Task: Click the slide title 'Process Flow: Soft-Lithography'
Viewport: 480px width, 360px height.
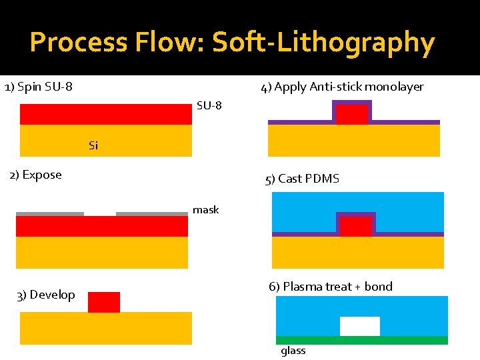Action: pos(232,43)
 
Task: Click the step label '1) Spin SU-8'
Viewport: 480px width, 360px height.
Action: pos(39,87)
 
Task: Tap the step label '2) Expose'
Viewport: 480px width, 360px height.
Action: pos(35,175)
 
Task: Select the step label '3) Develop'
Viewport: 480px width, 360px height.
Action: pos(45,295)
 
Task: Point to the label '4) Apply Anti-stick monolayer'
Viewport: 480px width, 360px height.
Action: pos(342,87)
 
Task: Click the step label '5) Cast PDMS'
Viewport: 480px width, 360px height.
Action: pos(302,179)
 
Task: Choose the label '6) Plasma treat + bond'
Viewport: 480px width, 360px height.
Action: pos(331,287)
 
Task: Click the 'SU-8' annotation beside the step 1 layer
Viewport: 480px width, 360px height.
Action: pos(209,105)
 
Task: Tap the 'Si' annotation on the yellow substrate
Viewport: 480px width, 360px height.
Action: pos(93,145)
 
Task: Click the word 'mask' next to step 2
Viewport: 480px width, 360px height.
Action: pos(205,210)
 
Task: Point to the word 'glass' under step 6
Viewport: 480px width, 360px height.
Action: pos(293,351)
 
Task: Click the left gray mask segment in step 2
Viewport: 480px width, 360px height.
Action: pos(50,214)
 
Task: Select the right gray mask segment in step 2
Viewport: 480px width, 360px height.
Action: pos(152,214)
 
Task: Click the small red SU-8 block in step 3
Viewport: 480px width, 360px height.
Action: pos(104,302)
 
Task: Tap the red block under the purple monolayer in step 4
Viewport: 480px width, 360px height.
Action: pos(351,115)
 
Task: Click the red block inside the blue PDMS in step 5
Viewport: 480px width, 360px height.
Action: pos(356,227)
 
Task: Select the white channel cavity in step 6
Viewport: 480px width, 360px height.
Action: pos(360,326)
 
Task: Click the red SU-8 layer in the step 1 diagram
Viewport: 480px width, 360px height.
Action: pos(106,114)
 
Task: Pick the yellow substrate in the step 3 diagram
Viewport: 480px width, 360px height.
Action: pos(106,328)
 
